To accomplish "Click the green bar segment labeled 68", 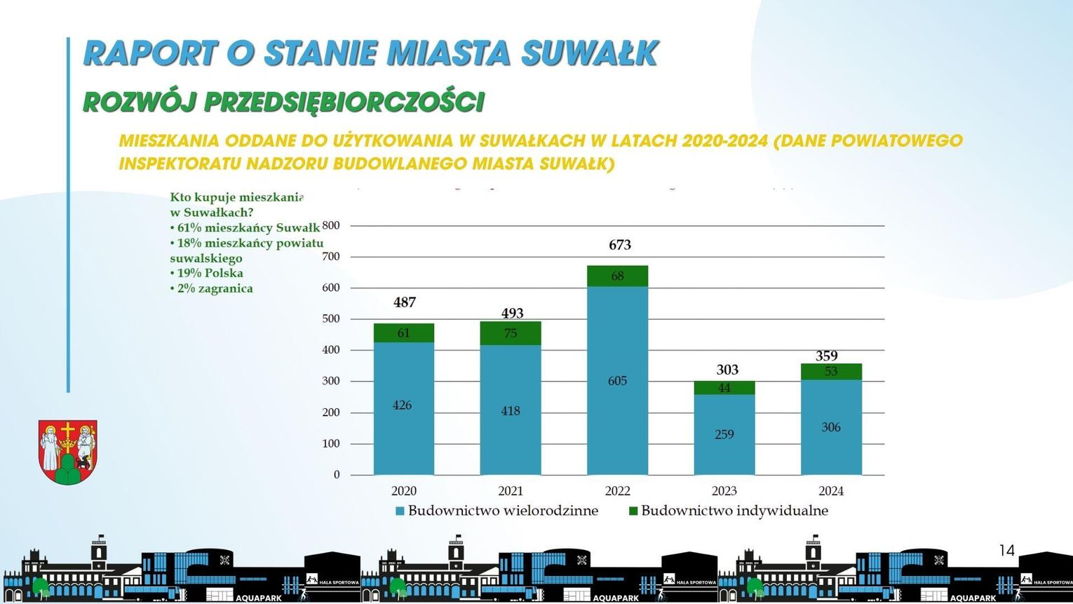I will click(617, 276).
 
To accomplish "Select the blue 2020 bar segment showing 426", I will click(403, 407).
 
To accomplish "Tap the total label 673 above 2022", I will click(620, 245).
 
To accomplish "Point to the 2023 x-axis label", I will click(724, 491).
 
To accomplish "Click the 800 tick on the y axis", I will click(331, 226).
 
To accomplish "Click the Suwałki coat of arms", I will click(67, 452).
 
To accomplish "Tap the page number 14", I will click(1006, 551).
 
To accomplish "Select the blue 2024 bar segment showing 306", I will click(831, 427).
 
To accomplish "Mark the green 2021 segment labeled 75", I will click(511, 333).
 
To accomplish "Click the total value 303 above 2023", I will click(727, 370).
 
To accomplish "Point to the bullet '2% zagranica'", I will click(212, 288).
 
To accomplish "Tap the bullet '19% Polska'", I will click(207, 273).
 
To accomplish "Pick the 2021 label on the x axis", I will click(511, 491).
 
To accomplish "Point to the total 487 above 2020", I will click(405, 302).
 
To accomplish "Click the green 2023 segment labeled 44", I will click(724, 388).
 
